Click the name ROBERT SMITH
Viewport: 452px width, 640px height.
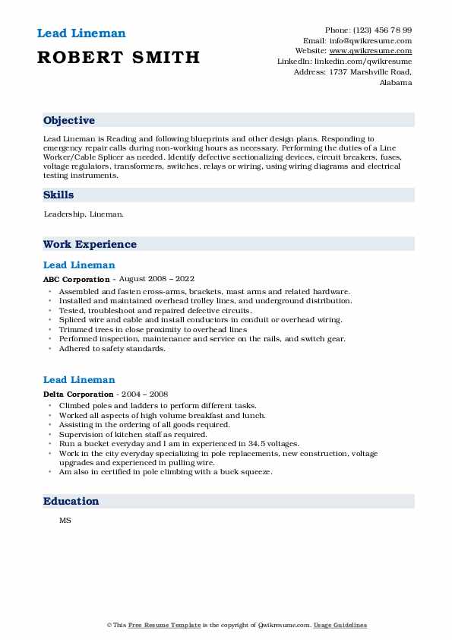(118, 58)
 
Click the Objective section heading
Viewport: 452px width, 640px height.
(69, 121)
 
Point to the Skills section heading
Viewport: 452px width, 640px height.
(58, 195)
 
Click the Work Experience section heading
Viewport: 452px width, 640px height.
(90, 245)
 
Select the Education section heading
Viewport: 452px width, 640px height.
(71, 502)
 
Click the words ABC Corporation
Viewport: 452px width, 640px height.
(77, 280)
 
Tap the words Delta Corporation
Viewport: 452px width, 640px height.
(79, 394)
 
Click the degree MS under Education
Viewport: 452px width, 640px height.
(65, 521)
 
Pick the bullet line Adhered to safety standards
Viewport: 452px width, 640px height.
(111, 349)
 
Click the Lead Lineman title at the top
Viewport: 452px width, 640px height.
(81, 33)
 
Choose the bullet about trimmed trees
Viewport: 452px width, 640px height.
(153, 330)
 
